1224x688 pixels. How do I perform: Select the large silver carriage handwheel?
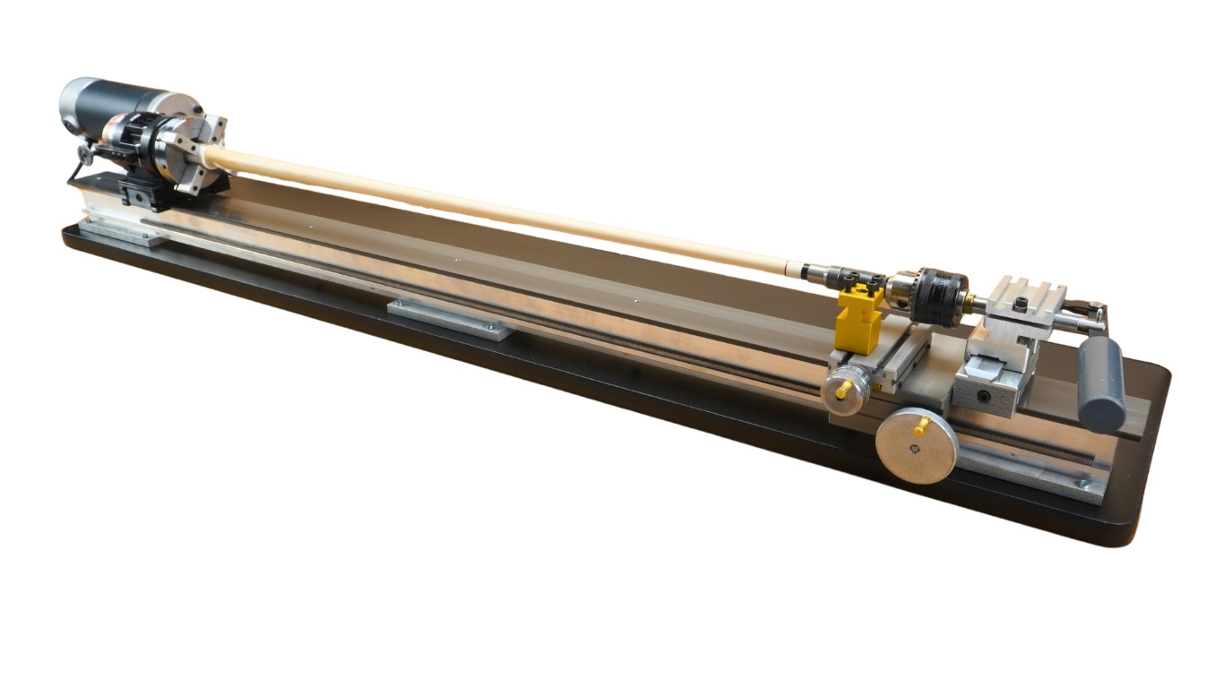click(x=916, y=445)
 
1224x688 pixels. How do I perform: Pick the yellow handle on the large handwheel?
click(x=920, y=426)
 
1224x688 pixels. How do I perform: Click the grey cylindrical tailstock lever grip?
click(x=1101, y=383)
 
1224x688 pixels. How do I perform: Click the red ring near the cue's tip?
click(x=787, y=266)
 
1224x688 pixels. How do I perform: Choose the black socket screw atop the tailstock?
click(x=1021, y=306)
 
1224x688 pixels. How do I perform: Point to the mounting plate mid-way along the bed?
click(x=451, y=318)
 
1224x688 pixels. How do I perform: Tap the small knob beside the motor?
click(x=85, y=155)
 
